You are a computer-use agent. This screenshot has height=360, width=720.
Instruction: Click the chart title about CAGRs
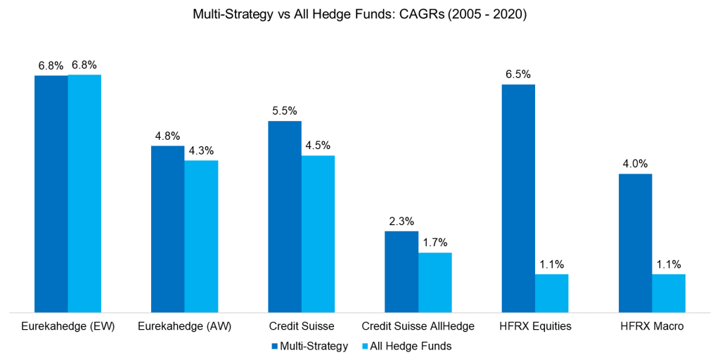pos(359,13)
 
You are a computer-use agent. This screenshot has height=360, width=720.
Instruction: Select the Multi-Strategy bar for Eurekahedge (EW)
pos(51,193)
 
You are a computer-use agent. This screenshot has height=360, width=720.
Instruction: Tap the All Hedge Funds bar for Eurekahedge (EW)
pos(84,193)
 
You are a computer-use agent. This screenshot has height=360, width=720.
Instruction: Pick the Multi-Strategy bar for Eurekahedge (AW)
pos(168,229)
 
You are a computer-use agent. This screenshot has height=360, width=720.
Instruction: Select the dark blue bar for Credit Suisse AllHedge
pos(401,271)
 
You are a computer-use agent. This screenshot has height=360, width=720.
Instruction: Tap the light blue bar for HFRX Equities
pos(551,292)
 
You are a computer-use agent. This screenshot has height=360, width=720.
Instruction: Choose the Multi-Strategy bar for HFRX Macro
pos(635,243)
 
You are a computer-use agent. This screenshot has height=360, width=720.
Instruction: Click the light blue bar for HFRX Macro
pos(668,292)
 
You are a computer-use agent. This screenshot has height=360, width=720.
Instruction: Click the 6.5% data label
pos(518,74)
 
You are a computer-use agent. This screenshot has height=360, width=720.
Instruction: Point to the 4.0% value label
pos(635,163)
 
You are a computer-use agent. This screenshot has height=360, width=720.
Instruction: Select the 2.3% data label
pos(401,221)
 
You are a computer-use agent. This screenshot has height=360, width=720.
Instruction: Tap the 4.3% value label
pos(201,150)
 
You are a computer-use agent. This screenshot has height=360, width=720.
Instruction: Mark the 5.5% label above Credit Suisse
pos(285,110)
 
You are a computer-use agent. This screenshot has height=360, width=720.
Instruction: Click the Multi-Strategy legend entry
pos(309,346)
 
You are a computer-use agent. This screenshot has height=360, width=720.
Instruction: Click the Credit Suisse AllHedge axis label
pos(418,326)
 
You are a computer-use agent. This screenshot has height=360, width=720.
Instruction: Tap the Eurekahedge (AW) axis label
pos(184,326)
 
